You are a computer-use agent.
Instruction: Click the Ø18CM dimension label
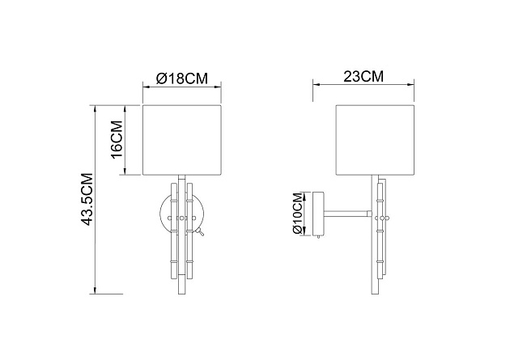coord(181,78)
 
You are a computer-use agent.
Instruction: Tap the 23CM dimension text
coord(363,77)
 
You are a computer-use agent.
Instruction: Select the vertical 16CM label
coord(117,139)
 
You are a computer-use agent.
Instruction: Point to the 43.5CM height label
coord(87,199)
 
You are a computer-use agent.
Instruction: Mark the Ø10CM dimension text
coord(298,213)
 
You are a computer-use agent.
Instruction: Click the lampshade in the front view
coord(182,140)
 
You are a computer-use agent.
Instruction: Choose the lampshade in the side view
coord(375,140)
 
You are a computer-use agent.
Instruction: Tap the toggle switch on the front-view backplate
coord(201,232)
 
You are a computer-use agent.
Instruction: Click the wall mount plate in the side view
coord(318,214)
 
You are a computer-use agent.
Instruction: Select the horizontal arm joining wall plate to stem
coord(348,214)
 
